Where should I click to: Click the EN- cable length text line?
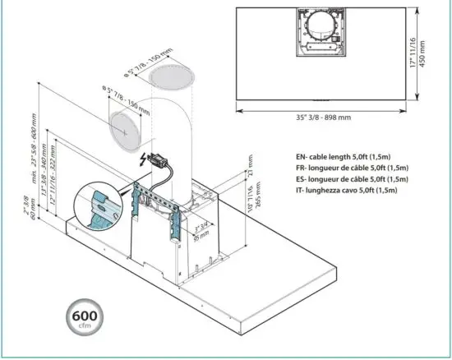tap(346, 156)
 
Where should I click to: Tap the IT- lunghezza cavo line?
tap(346, 190)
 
